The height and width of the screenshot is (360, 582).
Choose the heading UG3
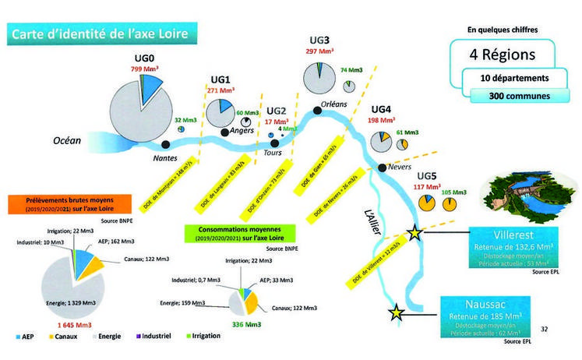pyautogui.click(x=319, y=41)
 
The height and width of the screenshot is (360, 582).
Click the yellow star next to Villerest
pyautogui.click(x=414, y=232)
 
